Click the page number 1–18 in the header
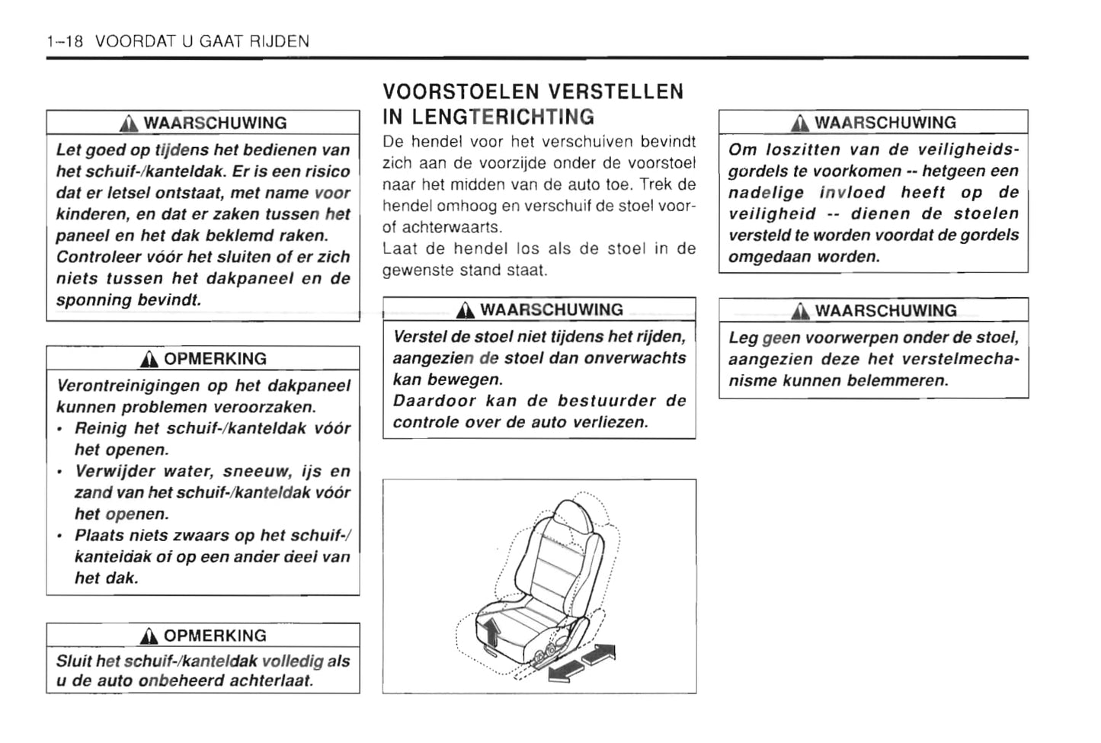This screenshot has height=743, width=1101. click(x=64, y=42)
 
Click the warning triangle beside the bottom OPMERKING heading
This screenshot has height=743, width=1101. click(x=149, y=636)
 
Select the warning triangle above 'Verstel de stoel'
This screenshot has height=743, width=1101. click(x=466, y=310)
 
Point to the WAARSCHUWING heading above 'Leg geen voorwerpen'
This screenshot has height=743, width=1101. click(x=885, y=311)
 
